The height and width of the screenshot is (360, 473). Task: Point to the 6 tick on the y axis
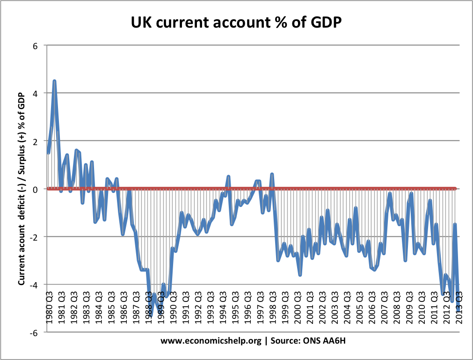click(34, 45)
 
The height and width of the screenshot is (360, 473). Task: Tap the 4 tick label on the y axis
click(34, 93)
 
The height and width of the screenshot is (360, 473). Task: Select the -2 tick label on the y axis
click(33, 237)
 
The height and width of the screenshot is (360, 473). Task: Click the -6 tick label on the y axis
click(33, 332)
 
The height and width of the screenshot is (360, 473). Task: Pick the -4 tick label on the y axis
click(33, 285)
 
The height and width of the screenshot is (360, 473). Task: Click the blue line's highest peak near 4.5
click(54, 81)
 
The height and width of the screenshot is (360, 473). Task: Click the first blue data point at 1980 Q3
click(48, 153)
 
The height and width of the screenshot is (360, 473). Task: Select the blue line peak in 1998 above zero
click(272, 174)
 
